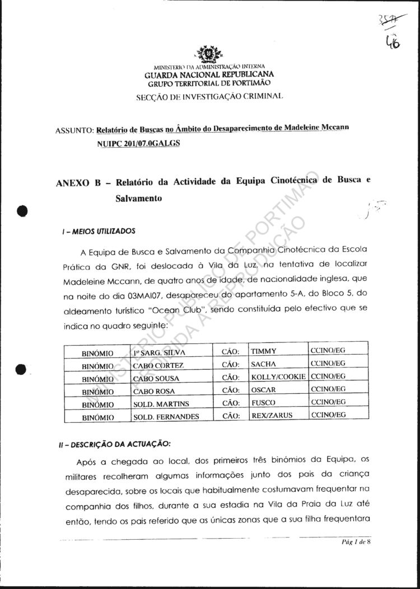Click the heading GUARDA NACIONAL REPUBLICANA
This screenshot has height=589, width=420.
click(x=209, y=74)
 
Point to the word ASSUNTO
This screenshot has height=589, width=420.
click(x=74, y=131)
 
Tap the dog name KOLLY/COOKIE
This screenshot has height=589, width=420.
click(x=278, y=377)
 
